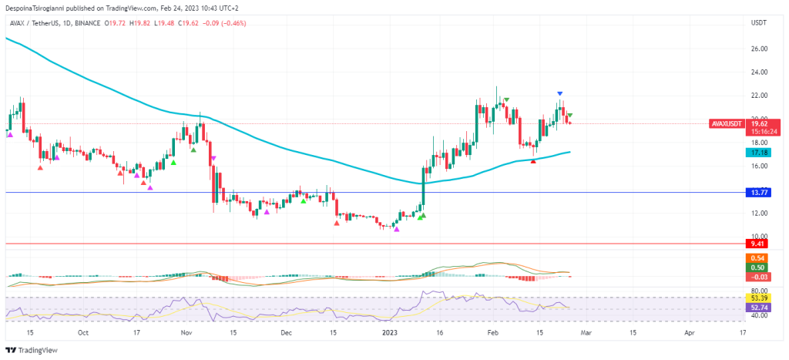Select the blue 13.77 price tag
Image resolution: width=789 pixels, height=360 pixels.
[759, 192]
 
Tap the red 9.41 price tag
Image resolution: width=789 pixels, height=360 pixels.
[759, 244]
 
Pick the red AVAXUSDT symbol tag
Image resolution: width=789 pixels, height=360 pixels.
[727, 123]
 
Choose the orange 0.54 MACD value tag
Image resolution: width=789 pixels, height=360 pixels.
[758, 257]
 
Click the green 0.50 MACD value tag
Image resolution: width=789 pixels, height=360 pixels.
[758, 267]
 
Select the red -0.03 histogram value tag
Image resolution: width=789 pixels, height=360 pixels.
[758, 277]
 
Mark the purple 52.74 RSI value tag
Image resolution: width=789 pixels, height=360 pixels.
[758, 307]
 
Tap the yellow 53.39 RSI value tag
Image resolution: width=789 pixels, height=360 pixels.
[758, 298]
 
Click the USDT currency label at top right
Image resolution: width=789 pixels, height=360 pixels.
[758, 23]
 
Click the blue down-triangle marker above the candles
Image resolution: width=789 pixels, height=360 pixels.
[560, 93]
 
